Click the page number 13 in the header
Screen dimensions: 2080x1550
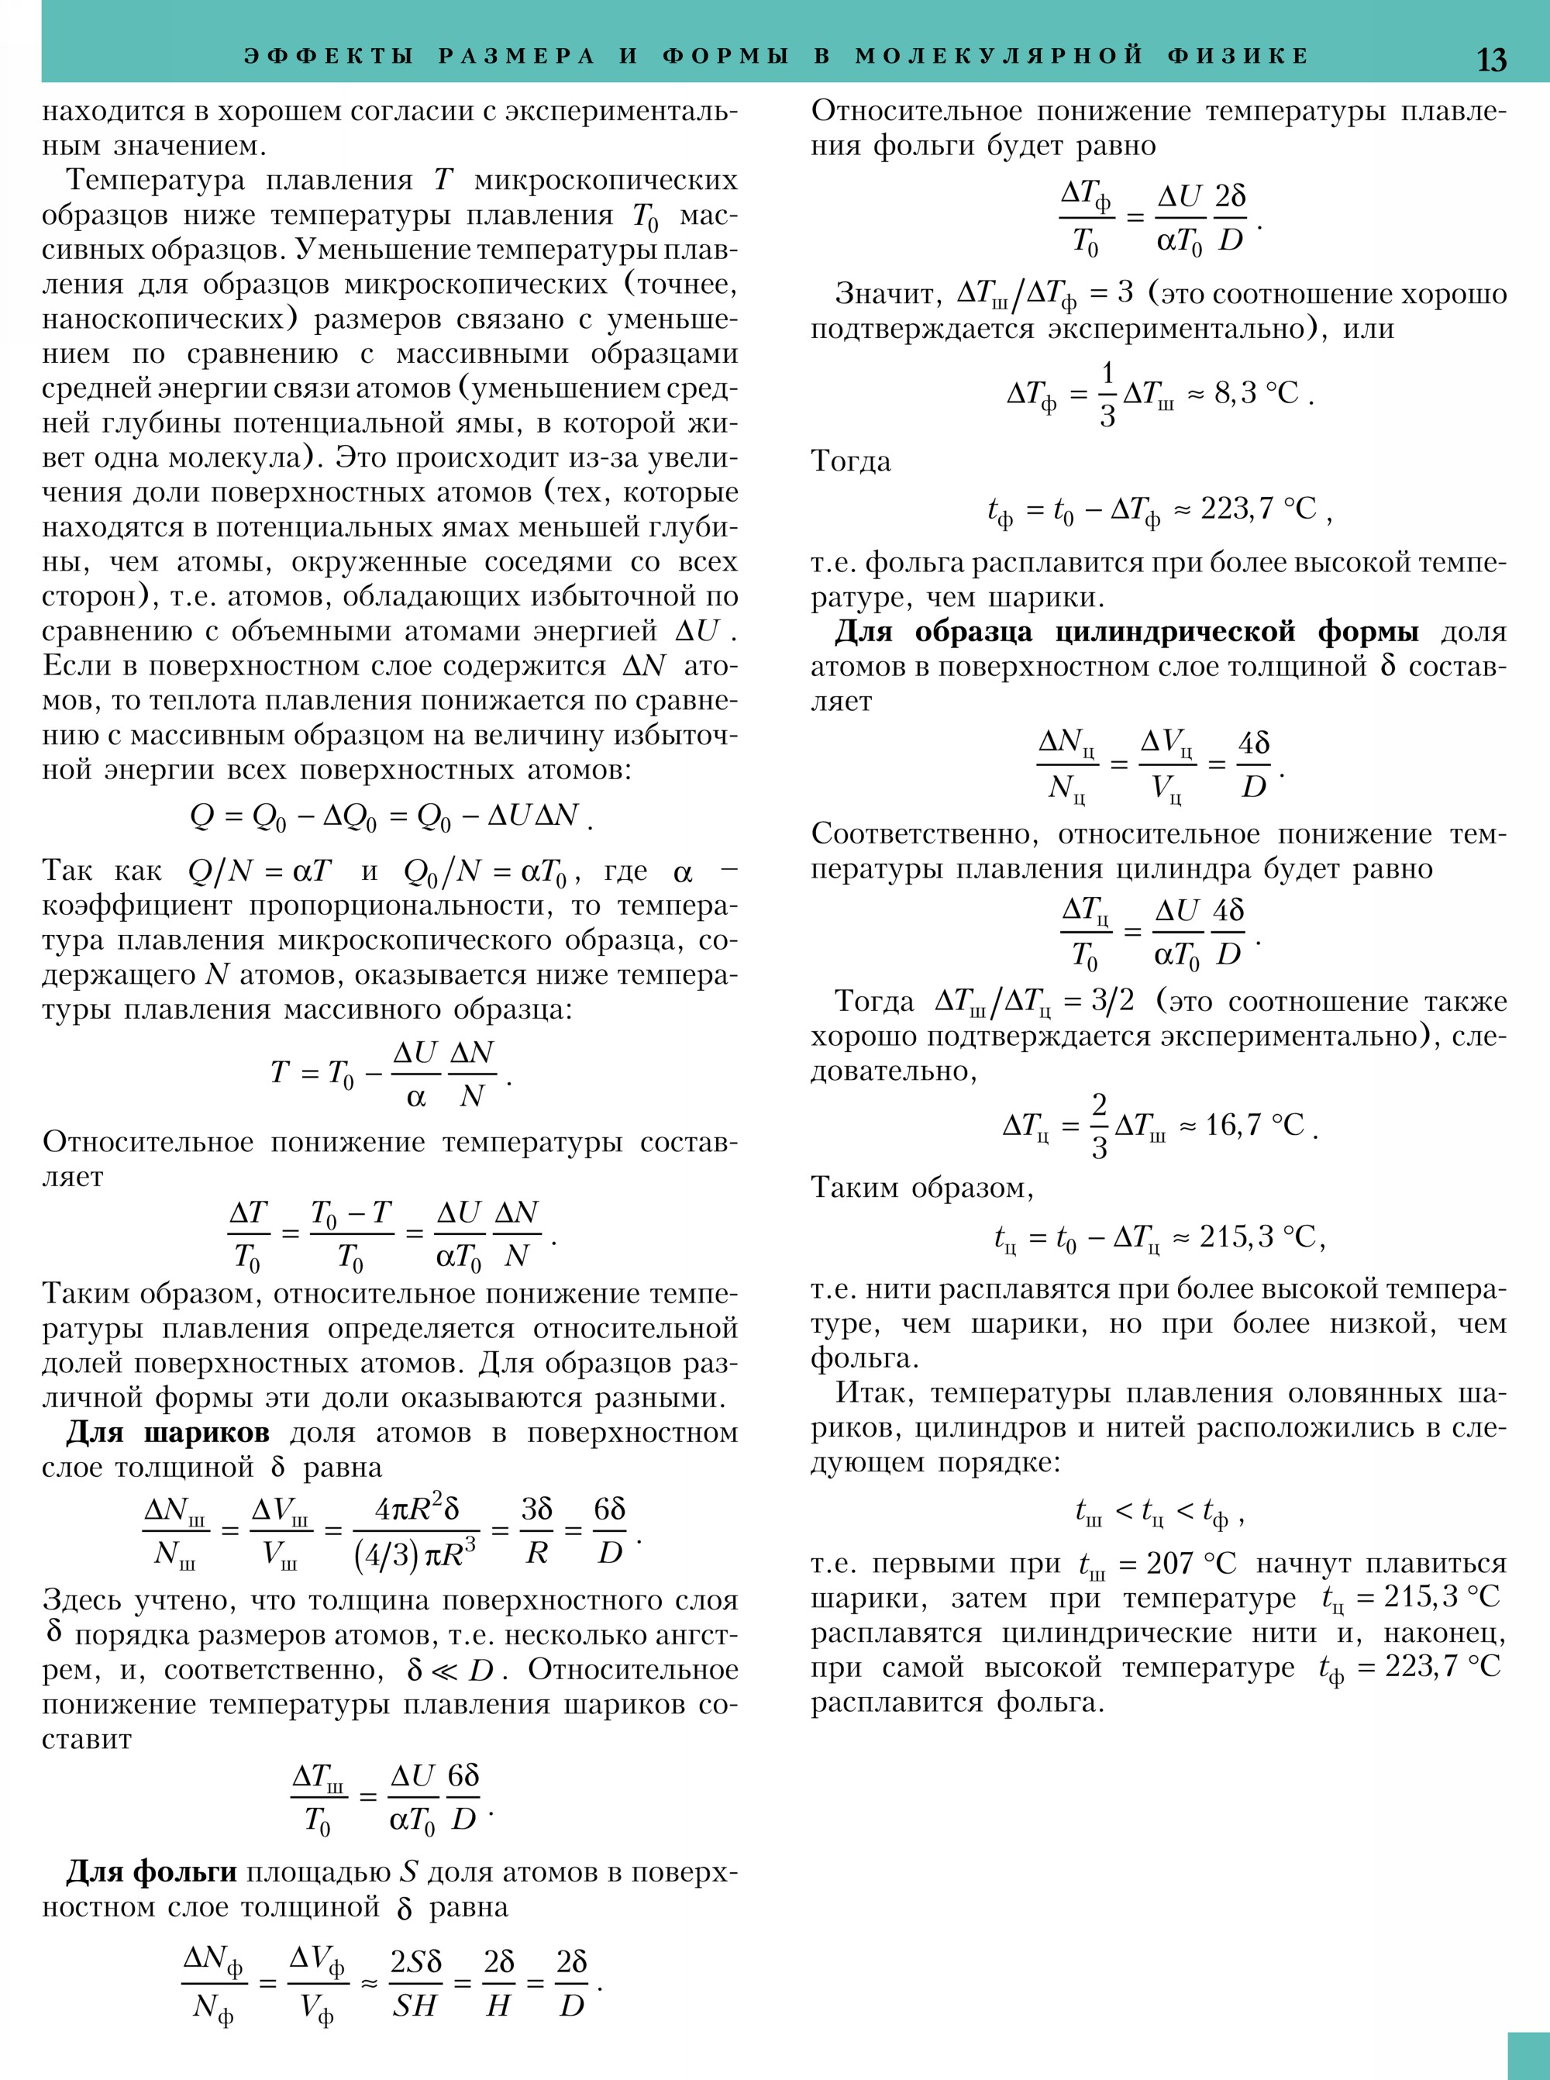[x=1492, y=59]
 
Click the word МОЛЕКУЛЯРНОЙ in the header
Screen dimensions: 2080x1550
[x=999, y=55]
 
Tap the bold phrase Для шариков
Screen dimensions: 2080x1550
[x=168, y=1433]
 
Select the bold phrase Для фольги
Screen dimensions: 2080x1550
[x=151, y=1872]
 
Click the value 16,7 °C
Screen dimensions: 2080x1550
[x=1255, y=1124]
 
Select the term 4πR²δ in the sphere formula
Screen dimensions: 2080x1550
[x=417, y=1509]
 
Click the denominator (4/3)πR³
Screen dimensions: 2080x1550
[x=415, y=1555]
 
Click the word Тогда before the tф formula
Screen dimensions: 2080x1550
[x=851, y=462]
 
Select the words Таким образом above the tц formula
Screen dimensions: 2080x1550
[x=921, y=1188]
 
